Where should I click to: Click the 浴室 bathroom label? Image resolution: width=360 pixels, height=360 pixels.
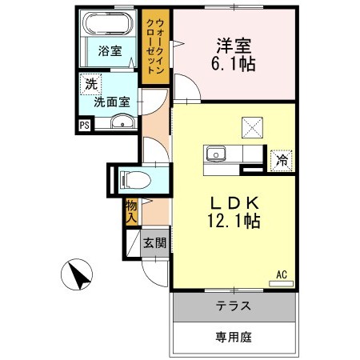pos(110,51)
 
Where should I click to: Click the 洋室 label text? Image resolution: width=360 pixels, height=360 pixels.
pos(229,45)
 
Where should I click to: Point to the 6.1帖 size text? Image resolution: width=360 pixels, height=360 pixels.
pos(234,63)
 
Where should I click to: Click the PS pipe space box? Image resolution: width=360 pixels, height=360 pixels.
pos(84,124)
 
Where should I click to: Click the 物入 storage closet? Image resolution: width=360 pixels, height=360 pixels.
pos(131,210)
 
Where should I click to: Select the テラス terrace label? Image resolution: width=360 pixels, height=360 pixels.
pos(234,306)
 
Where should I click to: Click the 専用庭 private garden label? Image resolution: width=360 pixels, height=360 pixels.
pos(234,337)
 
